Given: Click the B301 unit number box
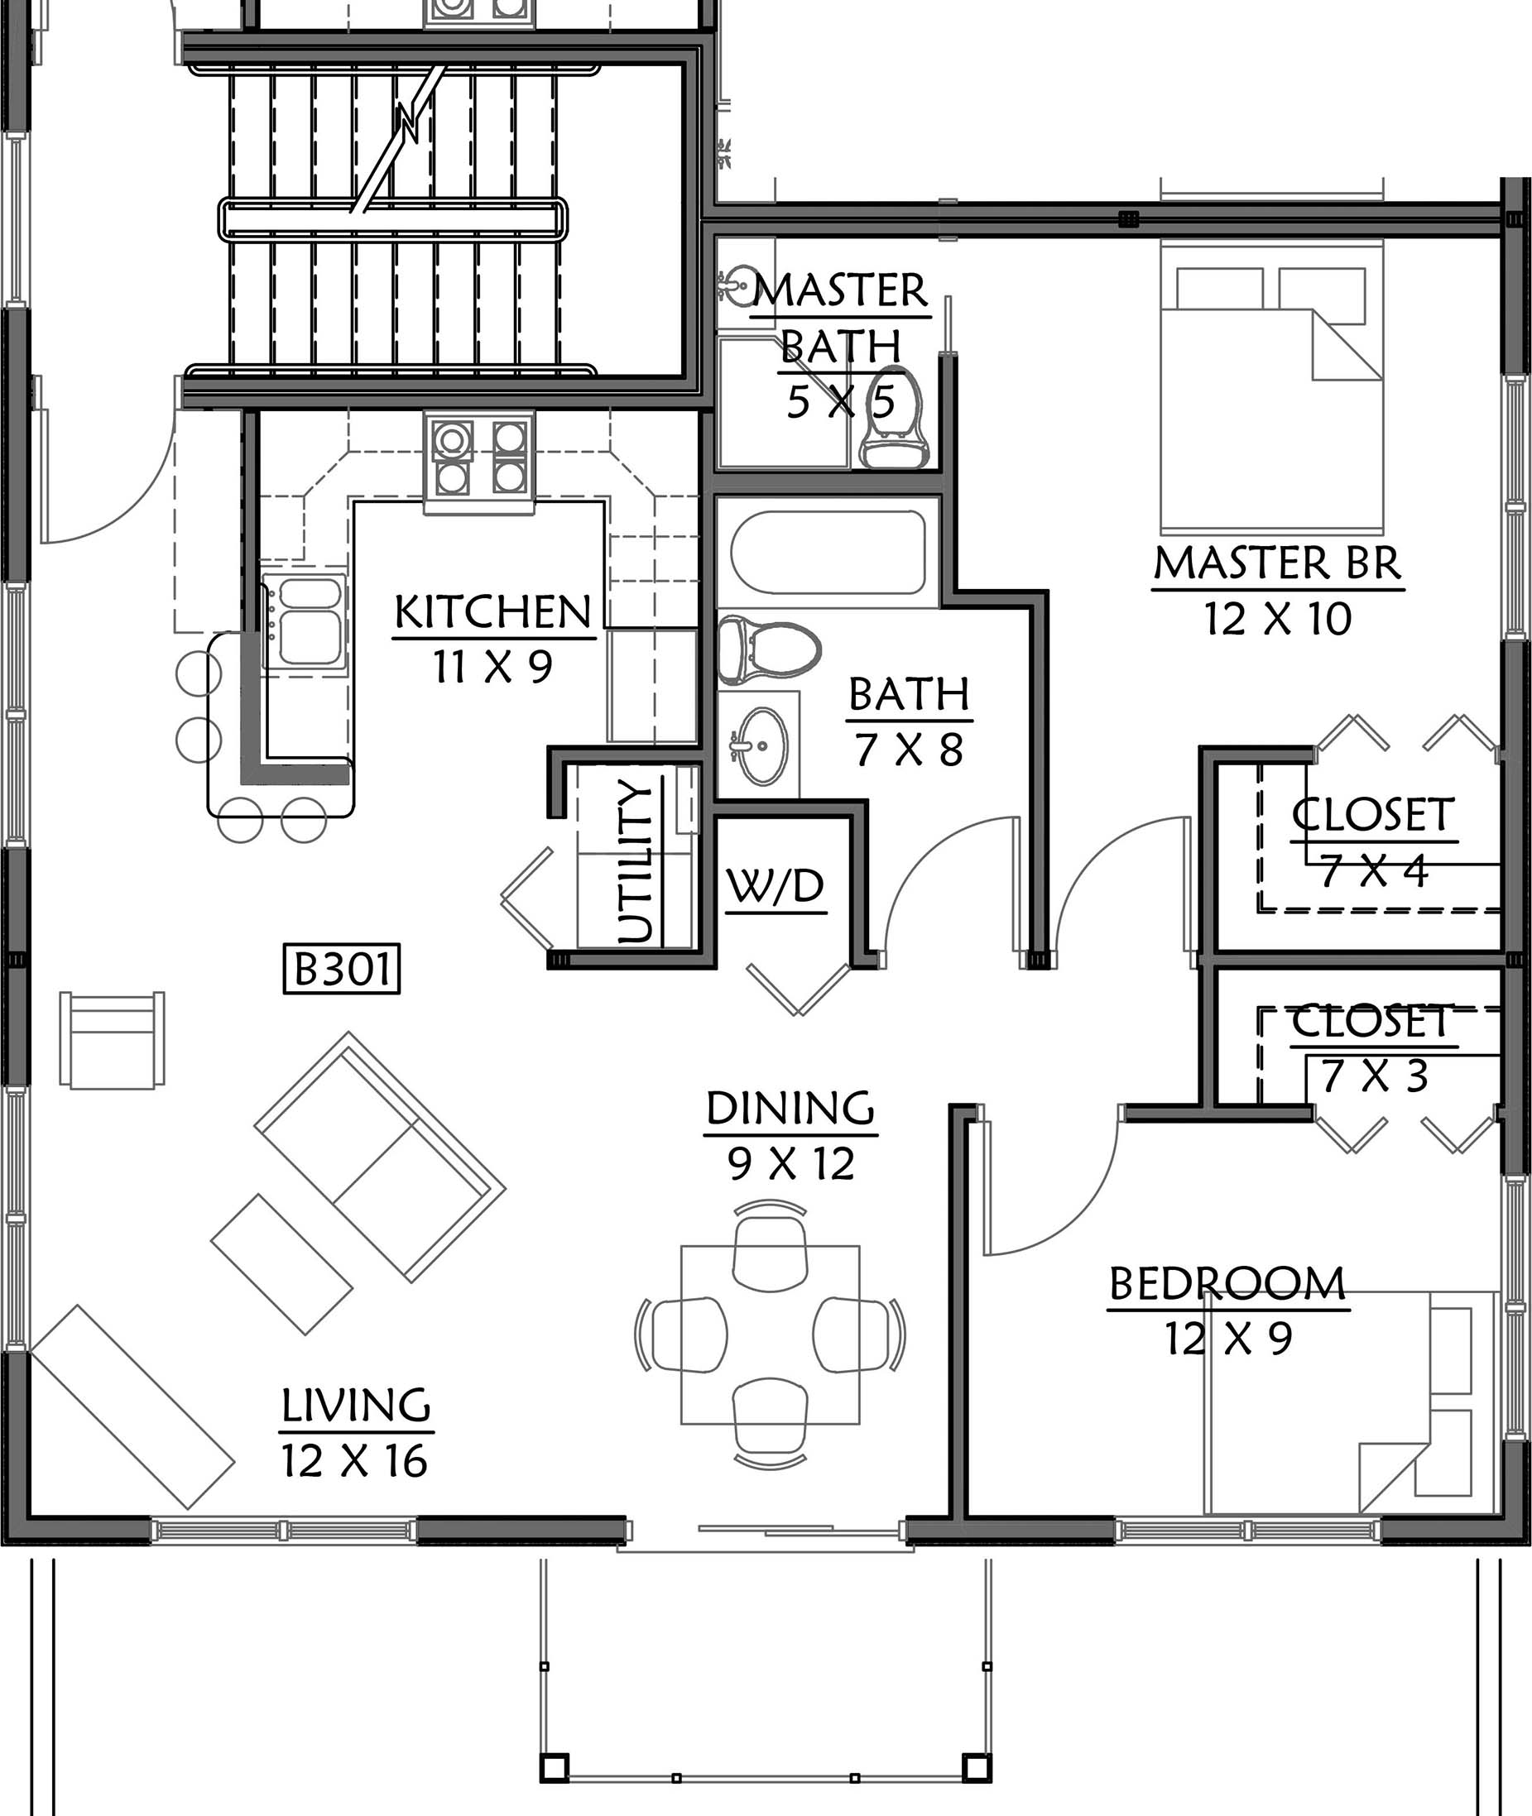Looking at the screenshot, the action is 342,969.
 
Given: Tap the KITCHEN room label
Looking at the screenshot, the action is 493,612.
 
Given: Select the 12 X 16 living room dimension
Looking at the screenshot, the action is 354,1461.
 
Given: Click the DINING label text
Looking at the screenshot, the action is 790,1109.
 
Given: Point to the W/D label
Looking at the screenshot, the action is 776,886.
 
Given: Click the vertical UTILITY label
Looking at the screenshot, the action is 635,861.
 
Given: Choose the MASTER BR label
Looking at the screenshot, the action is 1278,563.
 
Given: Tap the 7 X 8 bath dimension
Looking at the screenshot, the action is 909,750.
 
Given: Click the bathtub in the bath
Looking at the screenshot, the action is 828,552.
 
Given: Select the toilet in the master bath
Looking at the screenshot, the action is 895,419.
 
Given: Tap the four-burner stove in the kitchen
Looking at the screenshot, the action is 479,458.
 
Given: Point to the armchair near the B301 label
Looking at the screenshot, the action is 112,1039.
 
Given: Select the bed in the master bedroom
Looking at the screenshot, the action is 1271,388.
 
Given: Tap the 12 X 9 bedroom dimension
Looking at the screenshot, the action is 1228,1339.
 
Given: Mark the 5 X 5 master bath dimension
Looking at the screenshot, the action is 841,402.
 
